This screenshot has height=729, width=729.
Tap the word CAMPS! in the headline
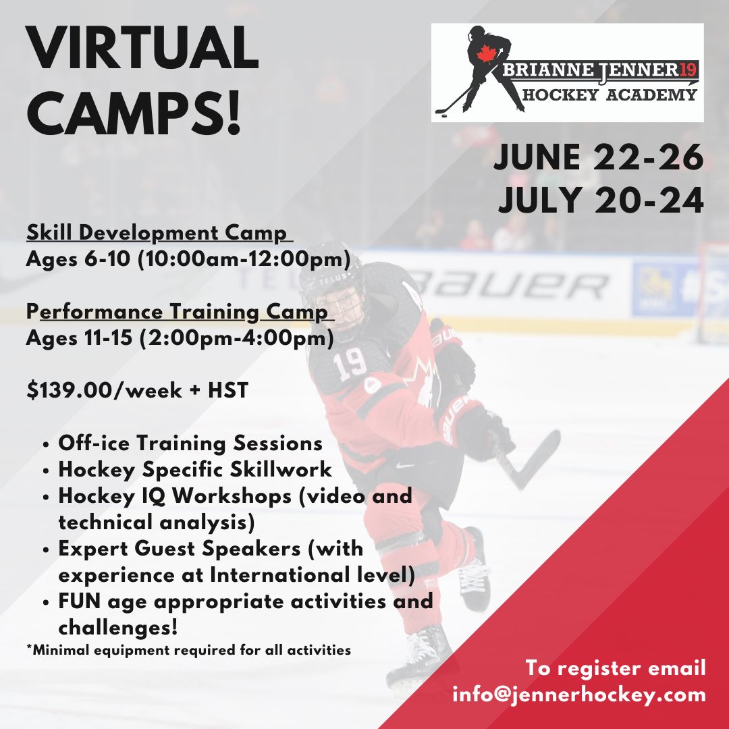coord(134,112)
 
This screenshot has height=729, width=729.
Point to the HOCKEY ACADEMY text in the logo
coord(610,95)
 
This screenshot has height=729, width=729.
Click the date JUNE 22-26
coord(599,157)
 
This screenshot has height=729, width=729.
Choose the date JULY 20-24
coord(601,200)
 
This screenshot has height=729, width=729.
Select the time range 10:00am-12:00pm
coord(244,259)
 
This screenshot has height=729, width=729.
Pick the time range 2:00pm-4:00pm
coord(236,338)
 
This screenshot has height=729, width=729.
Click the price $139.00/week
coord(104,391)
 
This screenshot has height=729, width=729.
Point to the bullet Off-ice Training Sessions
coord(190,443)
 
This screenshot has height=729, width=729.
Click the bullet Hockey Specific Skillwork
coord(195,470)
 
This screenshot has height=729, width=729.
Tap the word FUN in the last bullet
coord(79,601)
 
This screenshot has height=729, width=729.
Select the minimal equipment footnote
coord(189,649)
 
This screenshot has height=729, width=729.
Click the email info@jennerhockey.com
coord(579,695)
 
